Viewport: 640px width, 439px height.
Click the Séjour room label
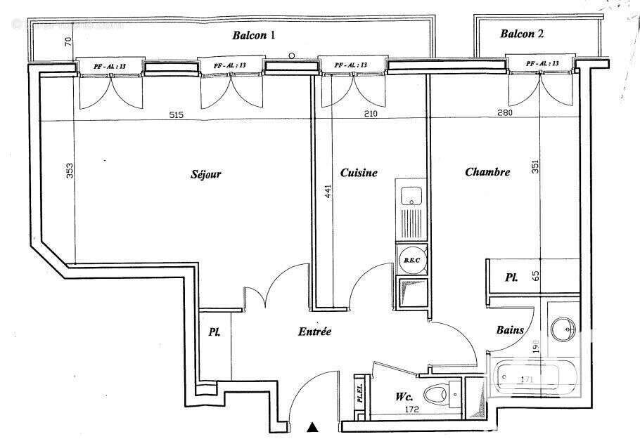tap(206, 174)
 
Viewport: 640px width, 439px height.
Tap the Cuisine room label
tap(359, 173)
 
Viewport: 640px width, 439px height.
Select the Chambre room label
tap(487, 172)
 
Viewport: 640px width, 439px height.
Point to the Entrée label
tap(314, 332)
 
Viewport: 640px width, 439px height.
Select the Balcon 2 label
tap(522, 33)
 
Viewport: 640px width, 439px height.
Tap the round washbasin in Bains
tap(563, 328)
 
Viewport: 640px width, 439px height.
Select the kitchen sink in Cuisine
tap(410, 196)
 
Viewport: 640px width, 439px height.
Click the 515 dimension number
tap(176, 114)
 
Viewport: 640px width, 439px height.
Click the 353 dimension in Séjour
tap(70, 171)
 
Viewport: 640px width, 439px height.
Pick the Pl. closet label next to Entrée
tap(213, 332)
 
